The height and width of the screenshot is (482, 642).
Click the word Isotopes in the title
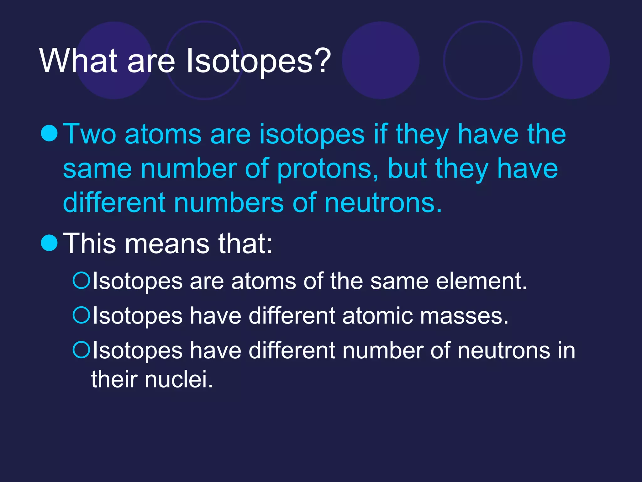(x=249, y=61)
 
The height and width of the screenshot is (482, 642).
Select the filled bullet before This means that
(x=50, y=243)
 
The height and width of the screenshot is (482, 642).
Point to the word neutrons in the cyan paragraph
(x=382, y=203)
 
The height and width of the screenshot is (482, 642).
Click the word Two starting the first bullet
(x=89, y=134)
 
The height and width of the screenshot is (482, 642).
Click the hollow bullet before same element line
(x=82, y=280)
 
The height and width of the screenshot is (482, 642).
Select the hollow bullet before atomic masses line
(x=82, y=315)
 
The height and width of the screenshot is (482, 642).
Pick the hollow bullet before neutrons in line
(x=82, y=350)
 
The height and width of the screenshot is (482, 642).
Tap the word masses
(x=464, y=316)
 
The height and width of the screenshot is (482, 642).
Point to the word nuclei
(x=179, y=379)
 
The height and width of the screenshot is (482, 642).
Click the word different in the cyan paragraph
(x=114, y=203)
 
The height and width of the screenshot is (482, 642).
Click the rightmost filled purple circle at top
(x=571, y=60)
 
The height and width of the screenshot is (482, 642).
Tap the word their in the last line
(x=114, y=379)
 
